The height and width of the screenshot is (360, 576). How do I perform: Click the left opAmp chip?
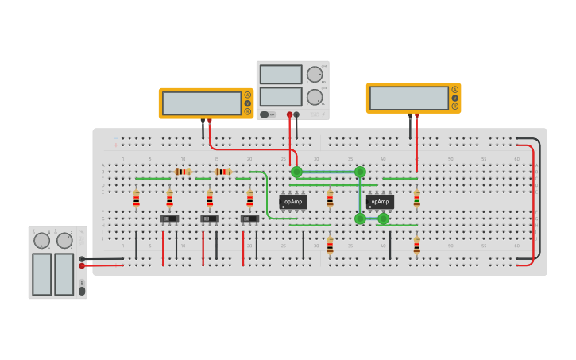tap(292, 202)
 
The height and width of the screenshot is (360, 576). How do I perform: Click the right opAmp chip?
tap(380, 202)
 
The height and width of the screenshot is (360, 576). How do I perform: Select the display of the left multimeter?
tap(201, 103)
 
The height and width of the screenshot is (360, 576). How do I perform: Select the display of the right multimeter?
tap(408, 98)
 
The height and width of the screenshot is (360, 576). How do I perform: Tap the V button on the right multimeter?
tap(455, 98)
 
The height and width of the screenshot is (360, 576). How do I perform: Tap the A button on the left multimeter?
tap(248, 95)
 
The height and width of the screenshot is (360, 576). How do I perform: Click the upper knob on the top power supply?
tap(315, 74)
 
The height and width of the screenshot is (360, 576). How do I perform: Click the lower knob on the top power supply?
tap(315, 97)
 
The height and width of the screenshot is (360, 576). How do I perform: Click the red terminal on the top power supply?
tap(289, 114)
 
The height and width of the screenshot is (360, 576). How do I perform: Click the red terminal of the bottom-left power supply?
tap(82, 266)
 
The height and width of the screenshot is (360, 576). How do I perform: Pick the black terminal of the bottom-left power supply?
tap(82, 258)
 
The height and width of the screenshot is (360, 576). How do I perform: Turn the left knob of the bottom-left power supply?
tap(41, 240)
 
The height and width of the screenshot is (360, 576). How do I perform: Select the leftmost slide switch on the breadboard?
tap(169, 219)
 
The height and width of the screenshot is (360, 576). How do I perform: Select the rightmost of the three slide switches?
tap(249, 219)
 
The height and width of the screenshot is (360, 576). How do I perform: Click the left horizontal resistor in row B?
tap(183, 172)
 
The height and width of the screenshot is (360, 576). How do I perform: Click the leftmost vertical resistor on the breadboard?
tap(136, 199)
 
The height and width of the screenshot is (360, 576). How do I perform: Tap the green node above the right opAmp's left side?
tap(360, 172)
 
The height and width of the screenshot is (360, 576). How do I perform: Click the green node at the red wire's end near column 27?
tap(296, 172)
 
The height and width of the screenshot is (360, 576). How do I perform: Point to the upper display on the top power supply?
tap(280, 74)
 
